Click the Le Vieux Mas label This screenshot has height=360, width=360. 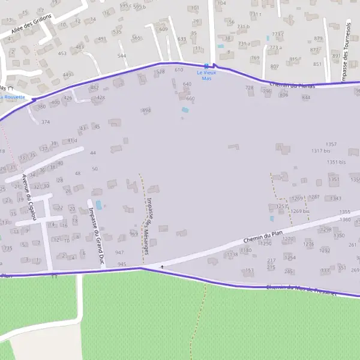click(x=206, y=76)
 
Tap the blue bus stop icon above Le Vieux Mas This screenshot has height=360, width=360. click(x=206, y=65)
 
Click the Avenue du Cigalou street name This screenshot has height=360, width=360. click(x=29, y=197)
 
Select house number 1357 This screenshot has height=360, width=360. click(x=331, y=145)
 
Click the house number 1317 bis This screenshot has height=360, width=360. click(x=322, y=151)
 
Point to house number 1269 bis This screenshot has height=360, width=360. click(x=301, y=211)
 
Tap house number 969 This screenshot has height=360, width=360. click(x=134, y=233)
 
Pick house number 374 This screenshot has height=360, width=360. click(x=46, y=122)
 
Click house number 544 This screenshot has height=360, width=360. click(x=122, y=56)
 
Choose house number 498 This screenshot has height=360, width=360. click(x=146, y=110)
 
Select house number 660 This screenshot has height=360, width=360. click(x=191, y=98)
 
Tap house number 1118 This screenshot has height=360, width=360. click(x=232, y=254)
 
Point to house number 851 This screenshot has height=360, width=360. click(x=317, y=64)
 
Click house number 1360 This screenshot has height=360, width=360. click(x=345, y=220)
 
